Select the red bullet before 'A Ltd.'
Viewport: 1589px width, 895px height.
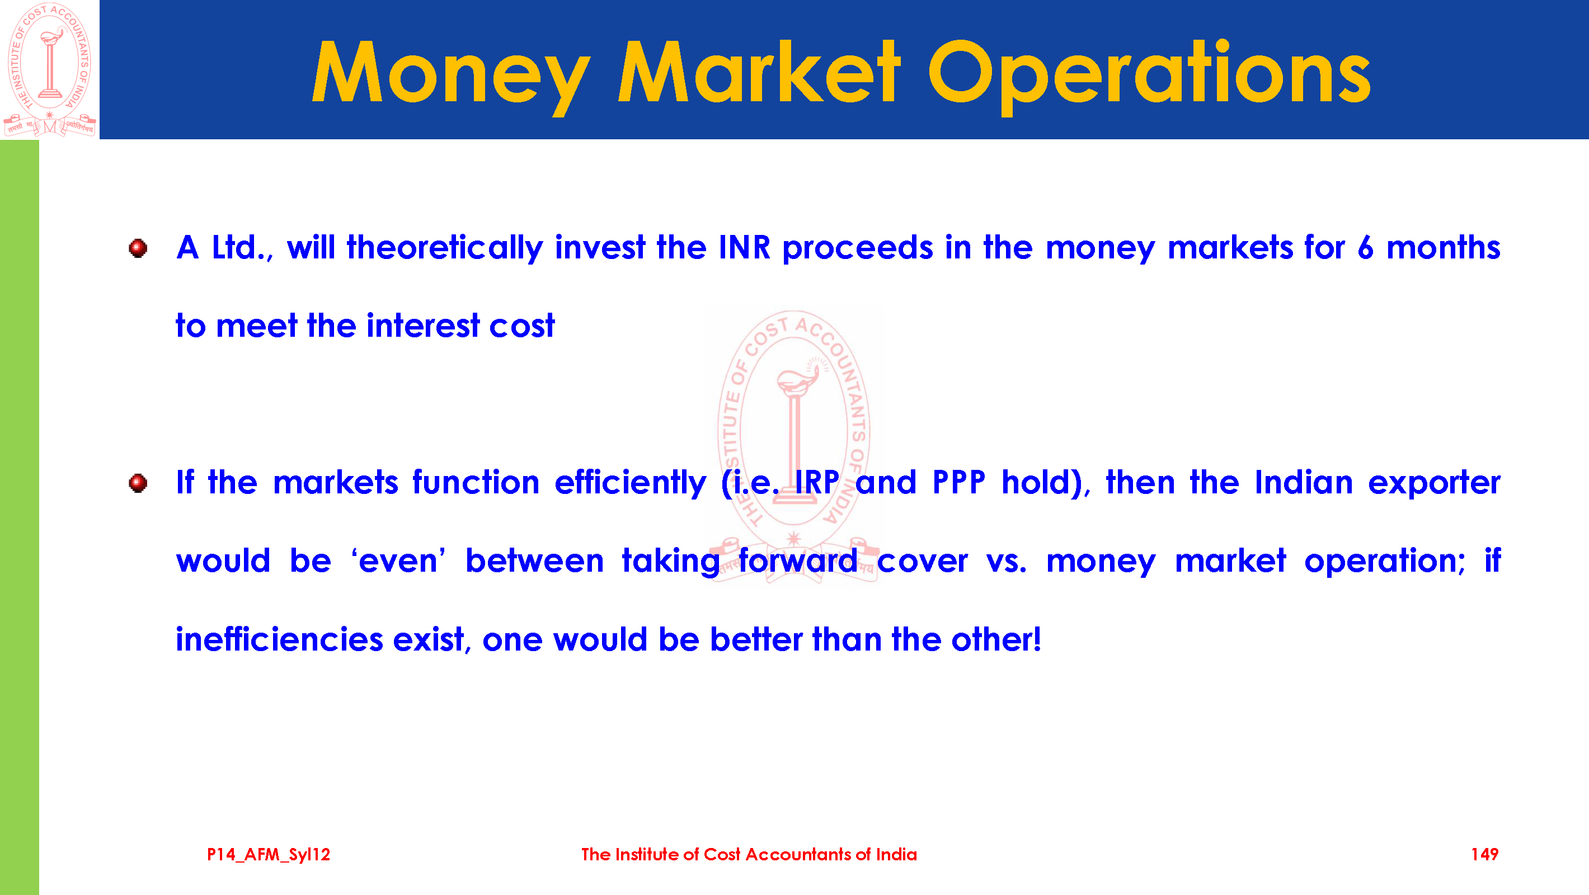click(138, 248)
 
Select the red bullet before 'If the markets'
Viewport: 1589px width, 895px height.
click(138, 483)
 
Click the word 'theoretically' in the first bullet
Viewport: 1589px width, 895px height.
click(445, 248)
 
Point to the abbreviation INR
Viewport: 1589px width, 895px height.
click(745, 247)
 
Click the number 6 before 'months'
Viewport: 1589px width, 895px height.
click(1366, 248)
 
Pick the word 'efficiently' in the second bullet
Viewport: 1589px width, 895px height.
click(630, 483)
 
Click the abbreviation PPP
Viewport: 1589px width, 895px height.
click(958, 482)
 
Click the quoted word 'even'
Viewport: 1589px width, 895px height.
click(398, 560)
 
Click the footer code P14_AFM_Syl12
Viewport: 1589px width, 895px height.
click(269, 855)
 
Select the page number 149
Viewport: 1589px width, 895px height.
click(1485, 854)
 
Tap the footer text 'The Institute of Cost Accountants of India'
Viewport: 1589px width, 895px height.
click(749, 854)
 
